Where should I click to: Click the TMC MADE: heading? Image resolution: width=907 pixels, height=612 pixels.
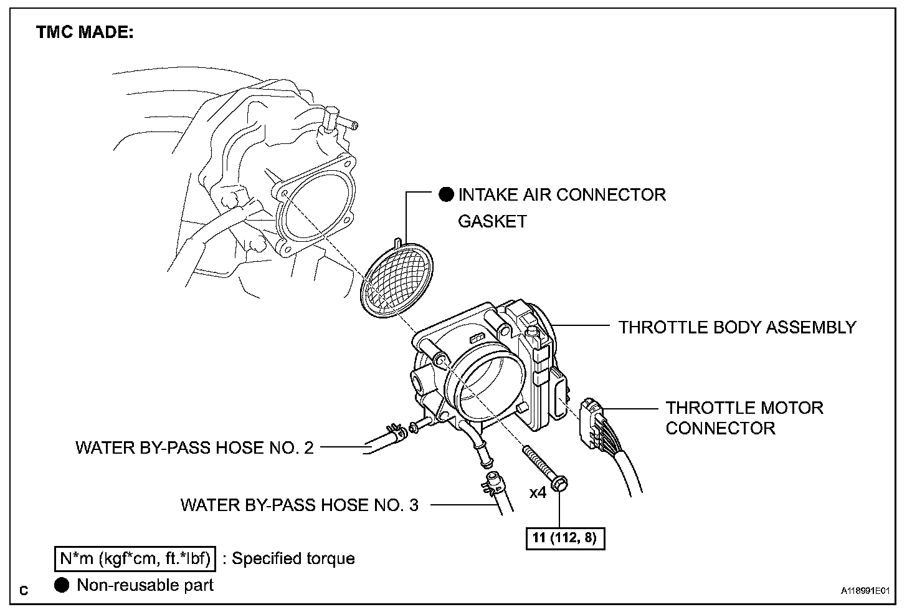pyautogui.click(x=85, y=33)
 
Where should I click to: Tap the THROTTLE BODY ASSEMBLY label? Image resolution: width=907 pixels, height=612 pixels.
pyautogui.click(x=737, y=327)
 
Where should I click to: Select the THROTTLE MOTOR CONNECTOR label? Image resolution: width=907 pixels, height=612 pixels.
pyautogui.click(x=744, y=418)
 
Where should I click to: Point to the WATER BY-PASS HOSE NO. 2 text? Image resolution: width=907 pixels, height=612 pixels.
pyautogui.click(x=194, y=447)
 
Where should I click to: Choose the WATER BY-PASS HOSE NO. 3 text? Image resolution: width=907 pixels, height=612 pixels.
pyautogui.click(x=299, y=504)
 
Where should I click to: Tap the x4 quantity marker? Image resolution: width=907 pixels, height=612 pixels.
pyautogui.click(x=538, y=492)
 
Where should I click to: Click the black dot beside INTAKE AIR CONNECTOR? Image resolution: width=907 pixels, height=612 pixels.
pyautogui.click(x=447, y=194)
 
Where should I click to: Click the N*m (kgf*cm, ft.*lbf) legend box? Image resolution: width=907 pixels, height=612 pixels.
pyautogui.click(x=134, y=558)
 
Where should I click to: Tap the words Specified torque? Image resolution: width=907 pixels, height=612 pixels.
pyautogui.click(x=293, y=558)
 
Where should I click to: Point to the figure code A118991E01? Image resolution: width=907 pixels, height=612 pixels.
pyautogui.click(x=865, y=590)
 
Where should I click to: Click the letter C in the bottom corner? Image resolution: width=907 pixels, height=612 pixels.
pyautogui.click(x=24, y=590)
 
